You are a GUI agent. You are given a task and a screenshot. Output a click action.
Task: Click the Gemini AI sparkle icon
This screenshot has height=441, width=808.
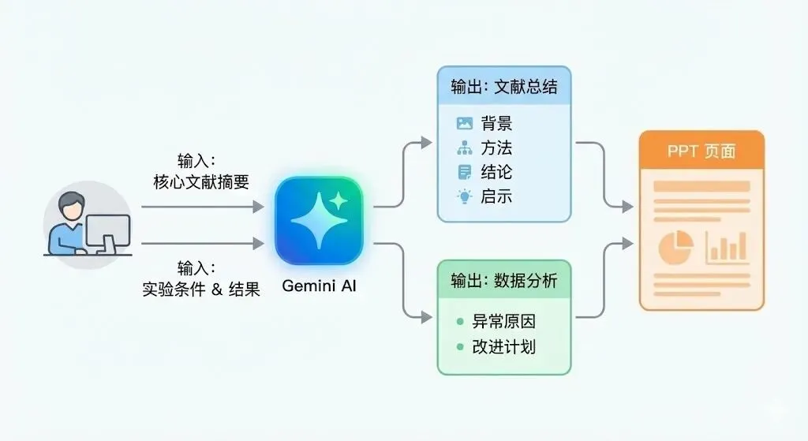click(x=318, y=220)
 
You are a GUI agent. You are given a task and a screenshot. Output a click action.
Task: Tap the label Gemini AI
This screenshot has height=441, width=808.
click(x=319, y=286)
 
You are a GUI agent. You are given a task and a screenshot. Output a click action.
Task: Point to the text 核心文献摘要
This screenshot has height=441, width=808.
click(x=201, y=183)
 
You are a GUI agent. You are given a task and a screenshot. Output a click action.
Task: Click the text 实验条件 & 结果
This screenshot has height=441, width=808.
click(x=201, y=289)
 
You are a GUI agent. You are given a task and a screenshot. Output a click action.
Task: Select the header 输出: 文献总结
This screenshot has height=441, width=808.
click(x=503, y=87)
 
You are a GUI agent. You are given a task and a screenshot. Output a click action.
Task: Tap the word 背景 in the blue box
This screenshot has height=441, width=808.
click(x=496, y=124)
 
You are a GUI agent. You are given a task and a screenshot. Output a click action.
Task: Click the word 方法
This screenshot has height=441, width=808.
click(x=496, y=148)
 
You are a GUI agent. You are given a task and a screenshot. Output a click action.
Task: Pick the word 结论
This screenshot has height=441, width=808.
click(x=496, y=172)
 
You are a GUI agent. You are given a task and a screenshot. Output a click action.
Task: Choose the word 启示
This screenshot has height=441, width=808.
click(x=496, y=196)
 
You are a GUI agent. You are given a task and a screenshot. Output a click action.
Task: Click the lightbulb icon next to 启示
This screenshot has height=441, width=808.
click(x=464, y=196)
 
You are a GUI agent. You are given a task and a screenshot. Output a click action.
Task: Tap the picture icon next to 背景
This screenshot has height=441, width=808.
click(x=464, y=124)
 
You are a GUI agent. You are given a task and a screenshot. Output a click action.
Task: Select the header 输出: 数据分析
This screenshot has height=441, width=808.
click(x=503, y=280)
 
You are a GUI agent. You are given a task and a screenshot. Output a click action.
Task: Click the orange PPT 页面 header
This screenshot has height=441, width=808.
click(x=701, y=151)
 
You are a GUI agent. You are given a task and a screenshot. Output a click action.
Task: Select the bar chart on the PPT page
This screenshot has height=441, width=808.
click(x=726, y=247)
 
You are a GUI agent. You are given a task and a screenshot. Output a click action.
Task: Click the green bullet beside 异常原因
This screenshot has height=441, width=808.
click(x=458, y=322)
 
